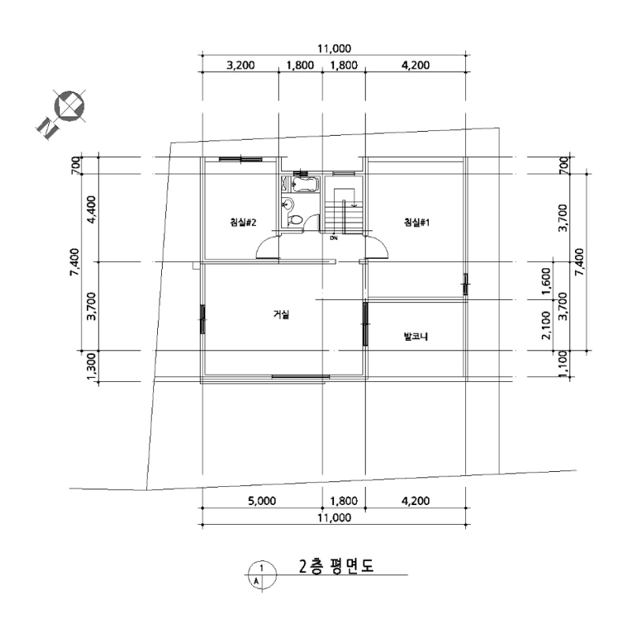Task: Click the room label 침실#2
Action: click(242, 223)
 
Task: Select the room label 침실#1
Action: click(416, 222)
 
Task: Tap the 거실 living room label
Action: click(281, 314)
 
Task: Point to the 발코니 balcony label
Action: click(415, 336)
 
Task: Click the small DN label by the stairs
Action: click(334, 238)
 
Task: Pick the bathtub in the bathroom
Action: click(306, 185)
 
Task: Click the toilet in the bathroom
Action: click(295, 220)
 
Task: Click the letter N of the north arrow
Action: click(47, 128)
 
